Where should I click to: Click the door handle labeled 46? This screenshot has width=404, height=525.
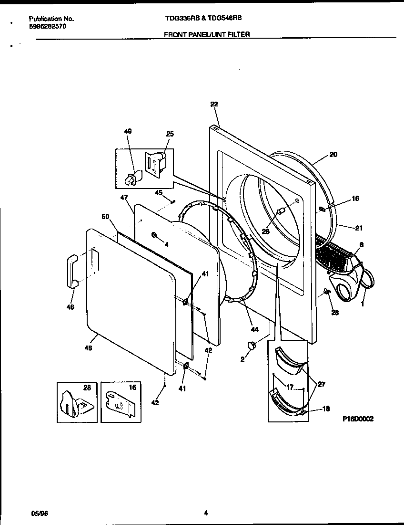[72, 271]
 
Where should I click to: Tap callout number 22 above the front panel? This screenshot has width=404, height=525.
[213, 104]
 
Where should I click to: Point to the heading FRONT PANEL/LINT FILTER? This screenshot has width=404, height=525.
[206, 34]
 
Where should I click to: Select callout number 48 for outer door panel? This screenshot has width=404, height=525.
[88, 348]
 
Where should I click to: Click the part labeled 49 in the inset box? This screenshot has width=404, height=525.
[130, 178]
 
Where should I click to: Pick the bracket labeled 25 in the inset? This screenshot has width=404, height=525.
[155, 164]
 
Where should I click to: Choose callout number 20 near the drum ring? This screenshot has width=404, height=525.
[333, 155]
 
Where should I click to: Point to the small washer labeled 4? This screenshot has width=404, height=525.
[154, 234]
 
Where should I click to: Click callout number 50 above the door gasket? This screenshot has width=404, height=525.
[106, 217]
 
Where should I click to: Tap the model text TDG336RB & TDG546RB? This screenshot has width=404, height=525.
[203, 18]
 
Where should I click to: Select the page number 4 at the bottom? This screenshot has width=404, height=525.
[206, 514]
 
